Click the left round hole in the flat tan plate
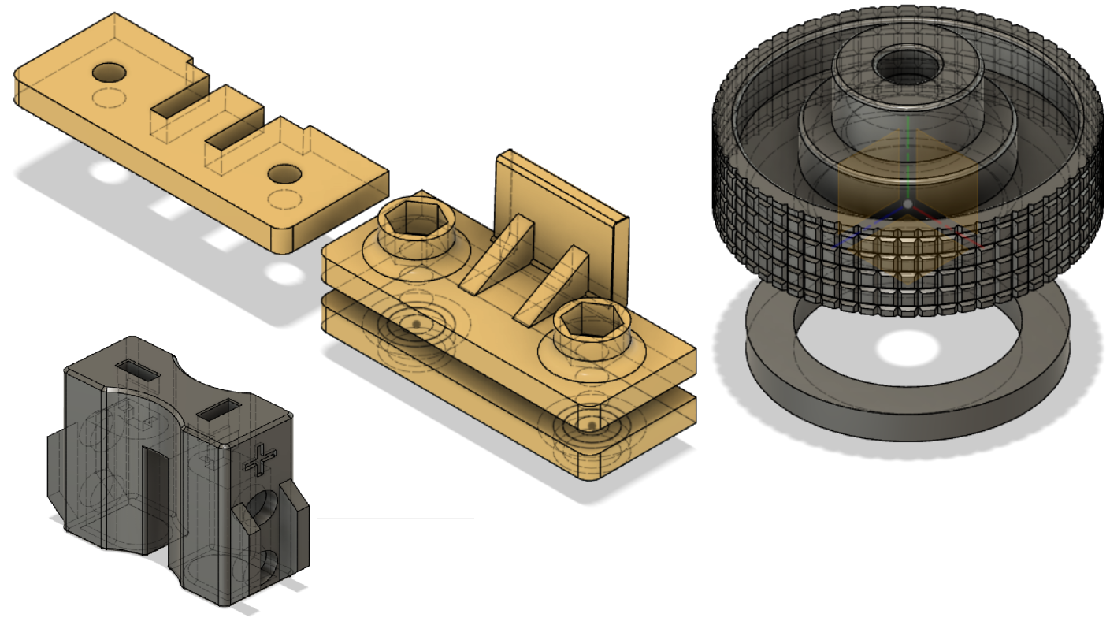(110, 73)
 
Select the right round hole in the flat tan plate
(284, 174)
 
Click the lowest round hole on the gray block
(269, 564)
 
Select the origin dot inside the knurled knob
(908, 204)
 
